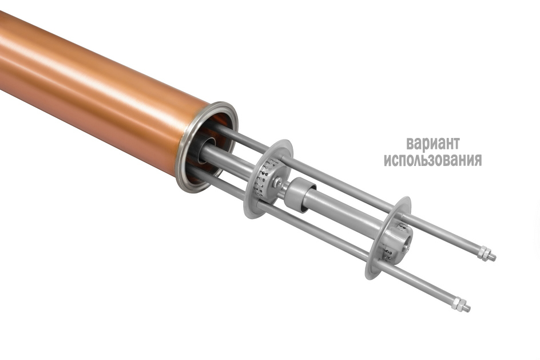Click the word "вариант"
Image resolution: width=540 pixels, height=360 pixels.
[x=433, y=143]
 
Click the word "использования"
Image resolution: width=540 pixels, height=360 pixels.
[x=433, y=160]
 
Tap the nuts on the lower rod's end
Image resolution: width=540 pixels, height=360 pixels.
[x=458, y=303]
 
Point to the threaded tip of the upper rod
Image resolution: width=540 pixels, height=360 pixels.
[x=493, y=257]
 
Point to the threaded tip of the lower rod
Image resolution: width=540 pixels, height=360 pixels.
[x=467, y=307]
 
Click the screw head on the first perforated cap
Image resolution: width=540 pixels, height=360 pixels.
[x=277, y=183]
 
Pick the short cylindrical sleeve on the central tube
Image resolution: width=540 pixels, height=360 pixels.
[x=300, y=195]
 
